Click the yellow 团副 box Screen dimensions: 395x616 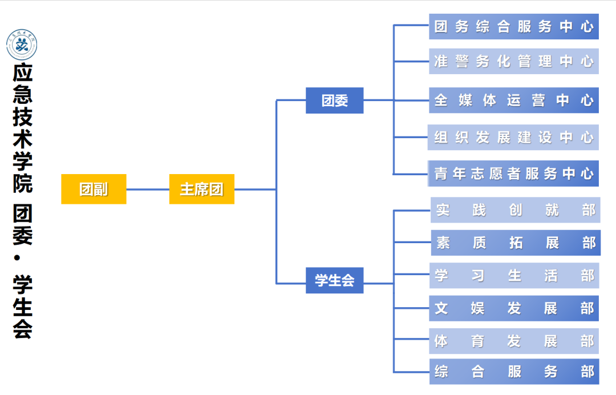[x=94, y=189]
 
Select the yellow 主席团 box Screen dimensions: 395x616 [x=202, y=189]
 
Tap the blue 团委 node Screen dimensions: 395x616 [x=334, y=100]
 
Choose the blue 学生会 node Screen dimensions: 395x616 [x=334, y=280]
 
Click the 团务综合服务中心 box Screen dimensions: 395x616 [x=513, y=27]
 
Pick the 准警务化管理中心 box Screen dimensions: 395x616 [x=513, y=61]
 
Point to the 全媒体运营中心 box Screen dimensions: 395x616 [x=513, y=100]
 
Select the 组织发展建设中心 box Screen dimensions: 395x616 [x=513, y=138]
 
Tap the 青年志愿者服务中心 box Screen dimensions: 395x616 [x=513, y=174]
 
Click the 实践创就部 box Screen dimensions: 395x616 [x=515, y=210]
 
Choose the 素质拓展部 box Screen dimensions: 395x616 [x=515, y=243]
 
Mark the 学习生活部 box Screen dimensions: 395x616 [x=514, y=276]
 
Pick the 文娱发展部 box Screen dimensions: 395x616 [x=514, y=308]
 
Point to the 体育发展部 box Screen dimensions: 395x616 [x=514, y=341]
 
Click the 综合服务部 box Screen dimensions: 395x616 [x=514, y=372]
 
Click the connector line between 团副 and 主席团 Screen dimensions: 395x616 [x=148, y=190]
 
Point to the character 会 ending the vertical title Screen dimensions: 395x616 [x=22, y=329]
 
